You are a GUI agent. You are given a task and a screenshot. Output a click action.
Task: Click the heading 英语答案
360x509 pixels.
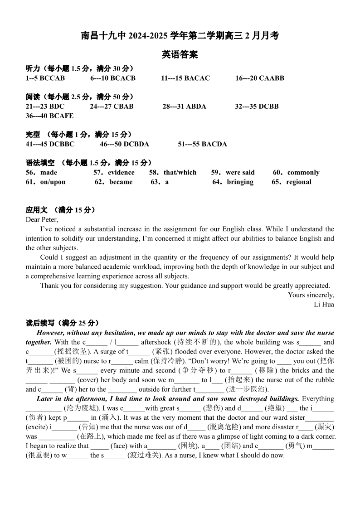tap(180, 55)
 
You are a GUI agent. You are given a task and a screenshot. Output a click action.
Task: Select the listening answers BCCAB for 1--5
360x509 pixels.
tap(52, 78)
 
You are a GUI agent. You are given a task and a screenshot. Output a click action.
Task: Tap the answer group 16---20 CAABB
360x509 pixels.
tap(259, 78)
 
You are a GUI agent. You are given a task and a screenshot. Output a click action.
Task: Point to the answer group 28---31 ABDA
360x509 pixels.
tap(184, 107)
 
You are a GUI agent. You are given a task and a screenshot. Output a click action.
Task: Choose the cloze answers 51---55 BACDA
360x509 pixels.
tap(202, 144)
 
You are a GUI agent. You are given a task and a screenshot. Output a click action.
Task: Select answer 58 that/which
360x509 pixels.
tap(180, 173)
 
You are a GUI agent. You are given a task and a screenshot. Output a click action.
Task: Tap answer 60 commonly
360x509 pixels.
tap(303, 173)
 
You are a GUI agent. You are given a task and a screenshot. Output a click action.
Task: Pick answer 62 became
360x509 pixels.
tap(121, 182)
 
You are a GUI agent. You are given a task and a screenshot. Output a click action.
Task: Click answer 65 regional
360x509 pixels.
tap(298, 182)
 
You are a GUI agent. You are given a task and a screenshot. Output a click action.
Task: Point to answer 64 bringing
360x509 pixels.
tap(240, 182)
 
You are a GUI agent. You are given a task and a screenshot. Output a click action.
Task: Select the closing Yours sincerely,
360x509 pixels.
tap(311, 295)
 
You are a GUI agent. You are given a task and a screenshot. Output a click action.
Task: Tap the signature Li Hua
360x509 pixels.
tap(324, 305)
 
